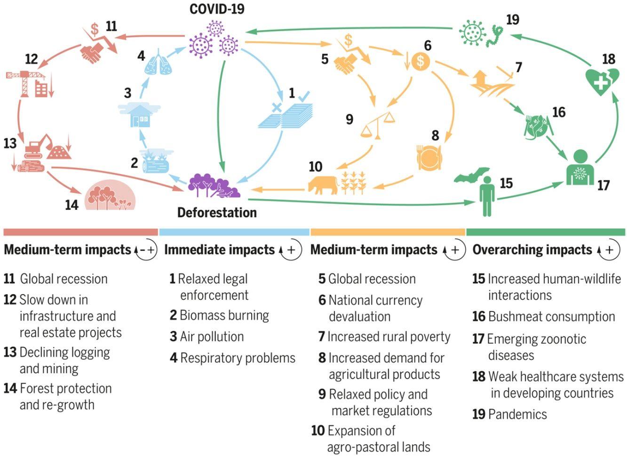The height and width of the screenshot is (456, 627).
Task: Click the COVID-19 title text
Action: pos(217,9)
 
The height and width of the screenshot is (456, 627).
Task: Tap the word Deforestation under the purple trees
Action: pos(217,213)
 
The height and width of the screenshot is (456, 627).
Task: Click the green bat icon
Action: pos(471,176)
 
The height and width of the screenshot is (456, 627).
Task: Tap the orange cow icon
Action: pos(323,184)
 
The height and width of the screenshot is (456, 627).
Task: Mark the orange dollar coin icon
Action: pos(421,61)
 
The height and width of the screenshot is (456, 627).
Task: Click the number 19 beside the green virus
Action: pos(512,19)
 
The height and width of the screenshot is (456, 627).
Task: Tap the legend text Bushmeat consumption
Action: pos(551,317)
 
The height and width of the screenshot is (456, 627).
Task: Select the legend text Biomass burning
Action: pos(224,315)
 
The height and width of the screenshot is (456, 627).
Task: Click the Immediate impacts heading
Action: pos(219,249)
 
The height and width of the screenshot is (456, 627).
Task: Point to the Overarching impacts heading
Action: pos(532,249)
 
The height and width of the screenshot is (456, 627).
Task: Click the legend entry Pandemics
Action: pos(517,415)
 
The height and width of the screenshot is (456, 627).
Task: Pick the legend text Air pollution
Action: pos(212,337)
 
